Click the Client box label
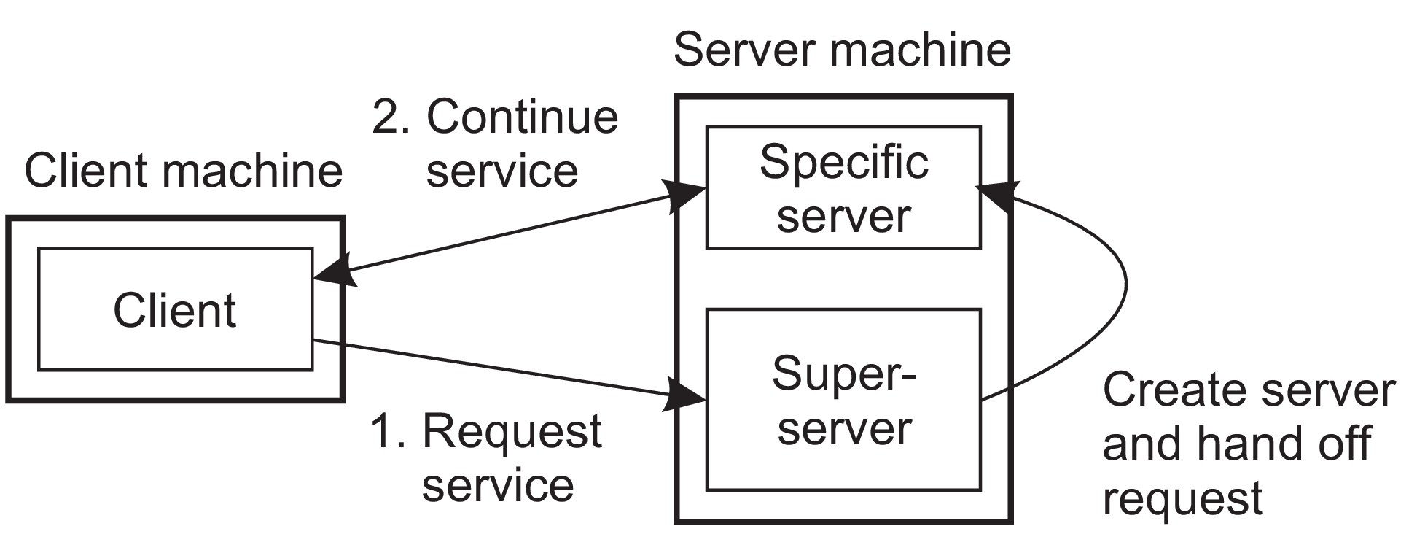[175, 310]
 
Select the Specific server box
[843, 188]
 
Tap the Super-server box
[843, 400]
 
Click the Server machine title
[842, 50]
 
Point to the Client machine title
[183, 171]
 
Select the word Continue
[522, 117]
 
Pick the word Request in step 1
[512, 430]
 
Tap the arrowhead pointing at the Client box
[334, 271]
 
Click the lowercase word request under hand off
[1182, 499]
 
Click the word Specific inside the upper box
[843, 162]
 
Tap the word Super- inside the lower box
[843, 374]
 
